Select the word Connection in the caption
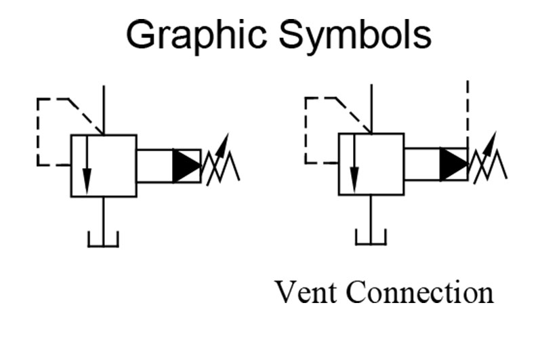pyautogui.click(x=420, y=293)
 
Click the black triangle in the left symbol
pyautogui.click(x=185, y=165)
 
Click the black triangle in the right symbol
pyautogui.click(x=452, y=165)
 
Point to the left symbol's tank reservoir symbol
pyautogui.click(x=103, y=238)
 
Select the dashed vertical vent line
pyautogui.click(x=467, y=112)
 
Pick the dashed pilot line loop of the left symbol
pyautogui.click(x=39, y=132)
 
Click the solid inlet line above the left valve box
pyautogui.click(x=103, y=108)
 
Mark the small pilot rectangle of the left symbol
pyautogui.click(x=154, y=165)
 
